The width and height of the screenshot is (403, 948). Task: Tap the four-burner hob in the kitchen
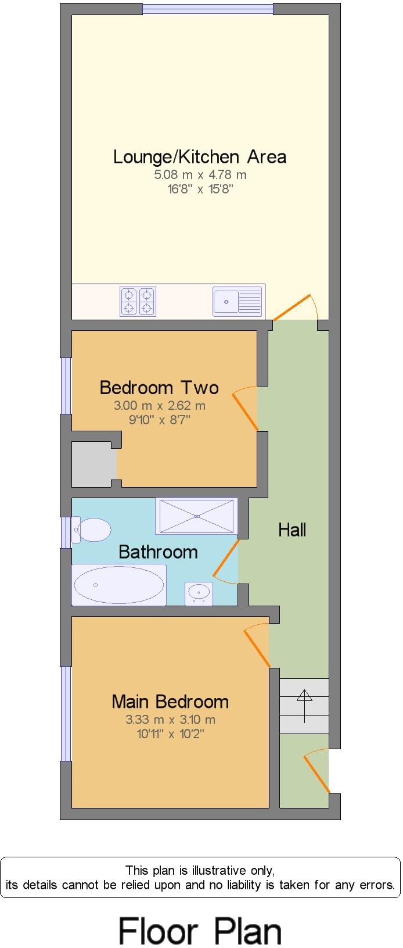138,301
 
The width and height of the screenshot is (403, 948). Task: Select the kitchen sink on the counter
237,301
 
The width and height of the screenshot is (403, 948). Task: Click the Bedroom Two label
159,387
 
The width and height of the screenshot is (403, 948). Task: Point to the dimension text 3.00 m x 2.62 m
160,406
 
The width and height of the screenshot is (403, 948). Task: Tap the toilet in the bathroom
91,530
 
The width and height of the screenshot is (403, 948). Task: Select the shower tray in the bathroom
196,516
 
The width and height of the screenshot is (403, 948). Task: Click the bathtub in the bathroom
119,585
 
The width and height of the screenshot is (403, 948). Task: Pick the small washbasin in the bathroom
199,593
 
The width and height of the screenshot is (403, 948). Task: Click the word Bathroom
158,552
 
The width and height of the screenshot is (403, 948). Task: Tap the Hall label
292,530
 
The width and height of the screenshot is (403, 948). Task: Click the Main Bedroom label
170,702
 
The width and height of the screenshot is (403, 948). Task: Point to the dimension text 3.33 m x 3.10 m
170,720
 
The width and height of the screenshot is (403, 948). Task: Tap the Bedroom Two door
245,410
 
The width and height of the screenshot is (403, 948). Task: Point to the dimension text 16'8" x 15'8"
200,189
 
